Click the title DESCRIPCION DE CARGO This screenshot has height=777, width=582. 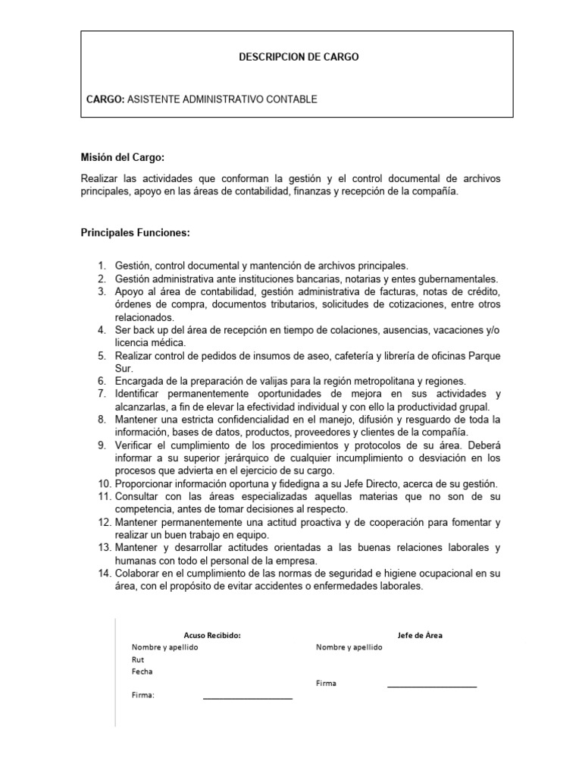(x=299, y=57)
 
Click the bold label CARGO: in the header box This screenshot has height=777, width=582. (x=105, y=99)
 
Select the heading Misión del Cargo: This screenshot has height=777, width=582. (x=123, y=157)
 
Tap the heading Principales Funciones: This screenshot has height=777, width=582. (x=136, y=231)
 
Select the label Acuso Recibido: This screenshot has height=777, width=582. (x=212, y=636)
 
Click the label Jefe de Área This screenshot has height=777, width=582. (x=420, y=636)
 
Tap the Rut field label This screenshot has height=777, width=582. (x=138, y=660)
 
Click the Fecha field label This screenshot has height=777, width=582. (x=142, y=672)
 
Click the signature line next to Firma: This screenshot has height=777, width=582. (x=247, y=698)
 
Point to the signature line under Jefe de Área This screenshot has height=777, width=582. (x=432, y=687)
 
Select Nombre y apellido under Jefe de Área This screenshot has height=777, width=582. (x=349, y=648)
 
